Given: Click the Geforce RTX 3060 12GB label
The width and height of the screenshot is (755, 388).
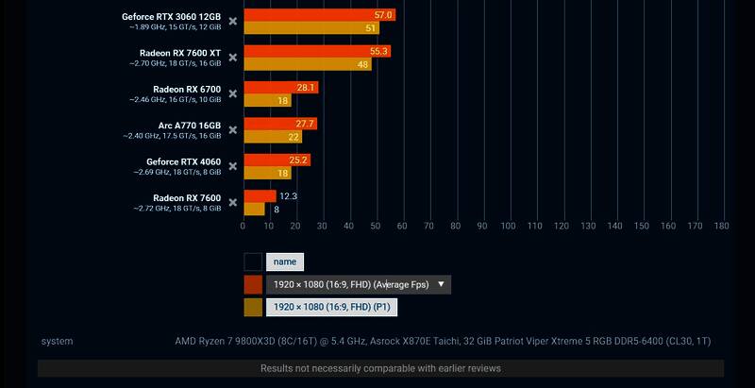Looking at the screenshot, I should (x=171, y=17).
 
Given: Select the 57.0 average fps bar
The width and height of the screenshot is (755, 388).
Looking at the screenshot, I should (x=319, y=15).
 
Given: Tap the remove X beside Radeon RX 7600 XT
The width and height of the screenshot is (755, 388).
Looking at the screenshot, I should (x=232, y=57).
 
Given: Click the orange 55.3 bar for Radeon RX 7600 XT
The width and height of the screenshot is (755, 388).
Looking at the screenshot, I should (x=317, y=51).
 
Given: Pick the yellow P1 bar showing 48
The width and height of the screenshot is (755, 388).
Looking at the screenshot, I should (x=307, y=64).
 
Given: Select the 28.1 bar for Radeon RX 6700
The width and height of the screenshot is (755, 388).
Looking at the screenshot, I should (x=280, y=87).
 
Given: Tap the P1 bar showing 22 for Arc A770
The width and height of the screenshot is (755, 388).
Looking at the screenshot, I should (x=273, y=137).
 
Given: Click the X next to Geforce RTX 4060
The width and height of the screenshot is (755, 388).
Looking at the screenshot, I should (x=232, y=166).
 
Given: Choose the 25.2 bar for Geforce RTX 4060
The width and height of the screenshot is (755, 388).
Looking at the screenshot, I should (x=277, y=160).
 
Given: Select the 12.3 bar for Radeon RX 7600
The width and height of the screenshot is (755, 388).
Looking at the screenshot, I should (x=260, y=195).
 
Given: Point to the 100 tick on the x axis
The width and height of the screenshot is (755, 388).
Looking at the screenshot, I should (x=508, y=227).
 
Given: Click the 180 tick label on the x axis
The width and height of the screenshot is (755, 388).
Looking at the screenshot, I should (x=722, y=227).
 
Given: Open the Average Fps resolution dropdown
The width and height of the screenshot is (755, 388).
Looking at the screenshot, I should (x=359, y=284).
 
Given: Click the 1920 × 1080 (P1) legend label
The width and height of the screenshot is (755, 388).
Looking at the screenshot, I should (x=331, y=307).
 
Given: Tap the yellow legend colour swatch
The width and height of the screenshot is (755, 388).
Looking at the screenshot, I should (x=253, y=307).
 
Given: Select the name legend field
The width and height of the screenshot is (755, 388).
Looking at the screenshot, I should (x=285, y=262).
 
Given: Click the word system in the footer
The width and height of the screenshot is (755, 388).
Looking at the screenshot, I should (x=57, y=341).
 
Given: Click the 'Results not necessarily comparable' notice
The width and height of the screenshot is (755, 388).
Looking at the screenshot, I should (x=380, y=368).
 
